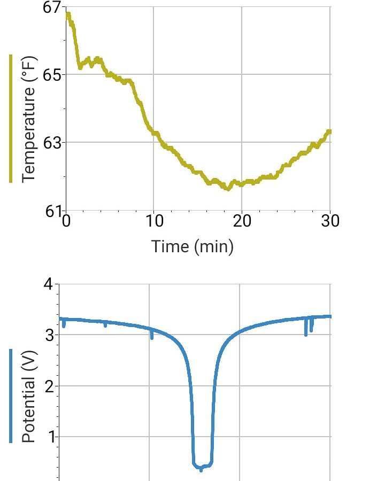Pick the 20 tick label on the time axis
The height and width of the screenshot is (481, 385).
point(242,221)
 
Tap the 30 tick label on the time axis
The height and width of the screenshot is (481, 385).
point(330,221)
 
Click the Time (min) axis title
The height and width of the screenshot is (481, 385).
point(192,246)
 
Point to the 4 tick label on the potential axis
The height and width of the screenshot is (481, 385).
point(49,284)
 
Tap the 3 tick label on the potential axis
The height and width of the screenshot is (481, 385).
point(49,335)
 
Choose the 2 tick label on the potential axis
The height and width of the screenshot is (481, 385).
point(49,386)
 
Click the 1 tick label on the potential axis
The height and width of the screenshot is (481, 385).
point(49,437)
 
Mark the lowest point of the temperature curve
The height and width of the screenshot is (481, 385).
point(228,189)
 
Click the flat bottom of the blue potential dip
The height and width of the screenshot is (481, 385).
point(203,466)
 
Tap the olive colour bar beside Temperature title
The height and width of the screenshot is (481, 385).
point(11,119)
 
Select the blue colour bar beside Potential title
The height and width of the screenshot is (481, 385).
point(11,396)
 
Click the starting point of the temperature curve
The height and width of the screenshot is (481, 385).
point(67,14)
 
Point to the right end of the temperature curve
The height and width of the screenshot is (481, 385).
point(329,131)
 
